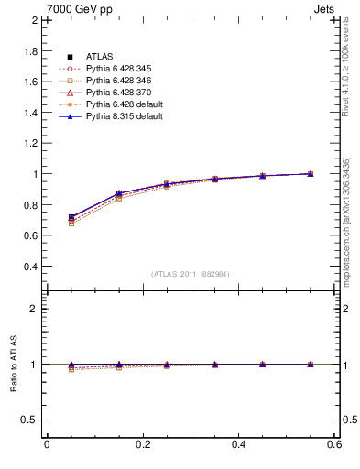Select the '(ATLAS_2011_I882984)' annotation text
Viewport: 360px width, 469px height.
coord(191,274)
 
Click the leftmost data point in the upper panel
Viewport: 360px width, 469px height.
coord(71,218)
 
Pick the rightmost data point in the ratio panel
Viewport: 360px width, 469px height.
coord(311,365)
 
